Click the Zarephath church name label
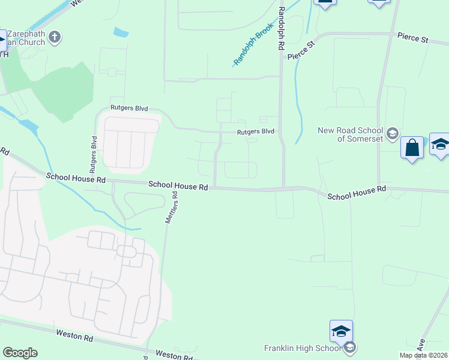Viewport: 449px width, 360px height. point(24,38)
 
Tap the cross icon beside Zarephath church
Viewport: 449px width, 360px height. point(54,37)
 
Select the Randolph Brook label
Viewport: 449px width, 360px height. point(254,44)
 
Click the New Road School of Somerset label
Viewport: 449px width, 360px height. point(350,134)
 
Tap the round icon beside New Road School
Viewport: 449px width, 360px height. point(393,133)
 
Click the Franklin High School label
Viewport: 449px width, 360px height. point(303,348)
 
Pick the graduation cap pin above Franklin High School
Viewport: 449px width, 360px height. point(340,331)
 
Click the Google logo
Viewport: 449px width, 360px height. point(20,353)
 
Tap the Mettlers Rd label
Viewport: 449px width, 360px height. point(172,207)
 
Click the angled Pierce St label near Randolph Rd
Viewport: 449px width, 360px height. point(301,50)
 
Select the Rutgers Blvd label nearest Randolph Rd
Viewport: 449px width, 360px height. point(255,131)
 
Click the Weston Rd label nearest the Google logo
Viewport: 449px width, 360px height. point(74,335)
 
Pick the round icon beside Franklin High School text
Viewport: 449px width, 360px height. point(350,348)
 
